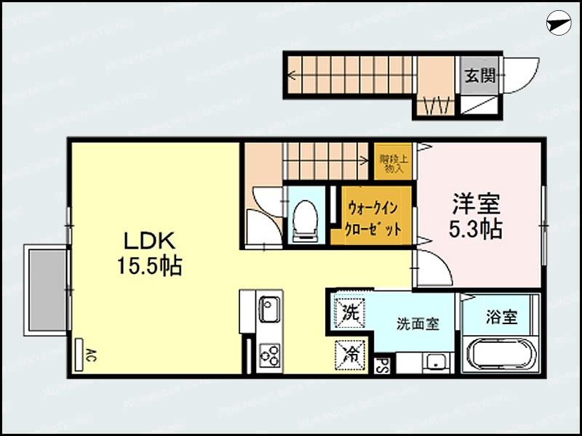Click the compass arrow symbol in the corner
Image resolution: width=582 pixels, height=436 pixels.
point(557,23)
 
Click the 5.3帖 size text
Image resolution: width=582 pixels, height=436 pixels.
point(477,229)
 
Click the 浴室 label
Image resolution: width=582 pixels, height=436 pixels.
point(501,317)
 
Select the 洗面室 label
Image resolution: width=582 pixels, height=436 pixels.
point(417,324)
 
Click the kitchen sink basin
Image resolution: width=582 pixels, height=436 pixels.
point(268,311)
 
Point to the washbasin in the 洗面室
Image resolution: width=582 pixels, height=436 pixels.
point(436,361)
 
